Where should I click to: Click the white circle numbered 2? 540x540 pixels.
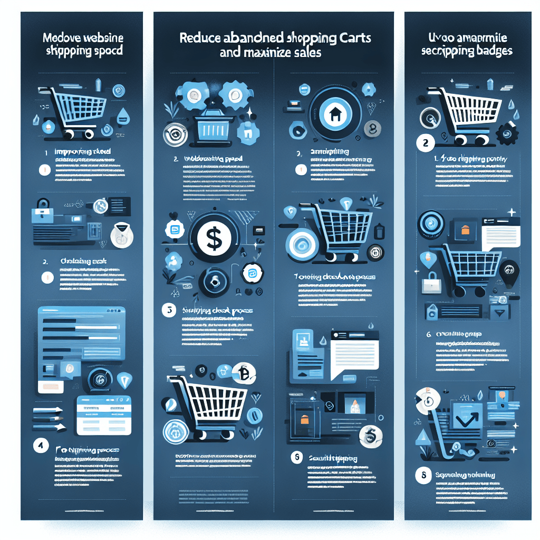point(425,142)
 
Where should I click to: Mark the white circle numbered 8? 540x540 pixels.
point(423,476)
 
